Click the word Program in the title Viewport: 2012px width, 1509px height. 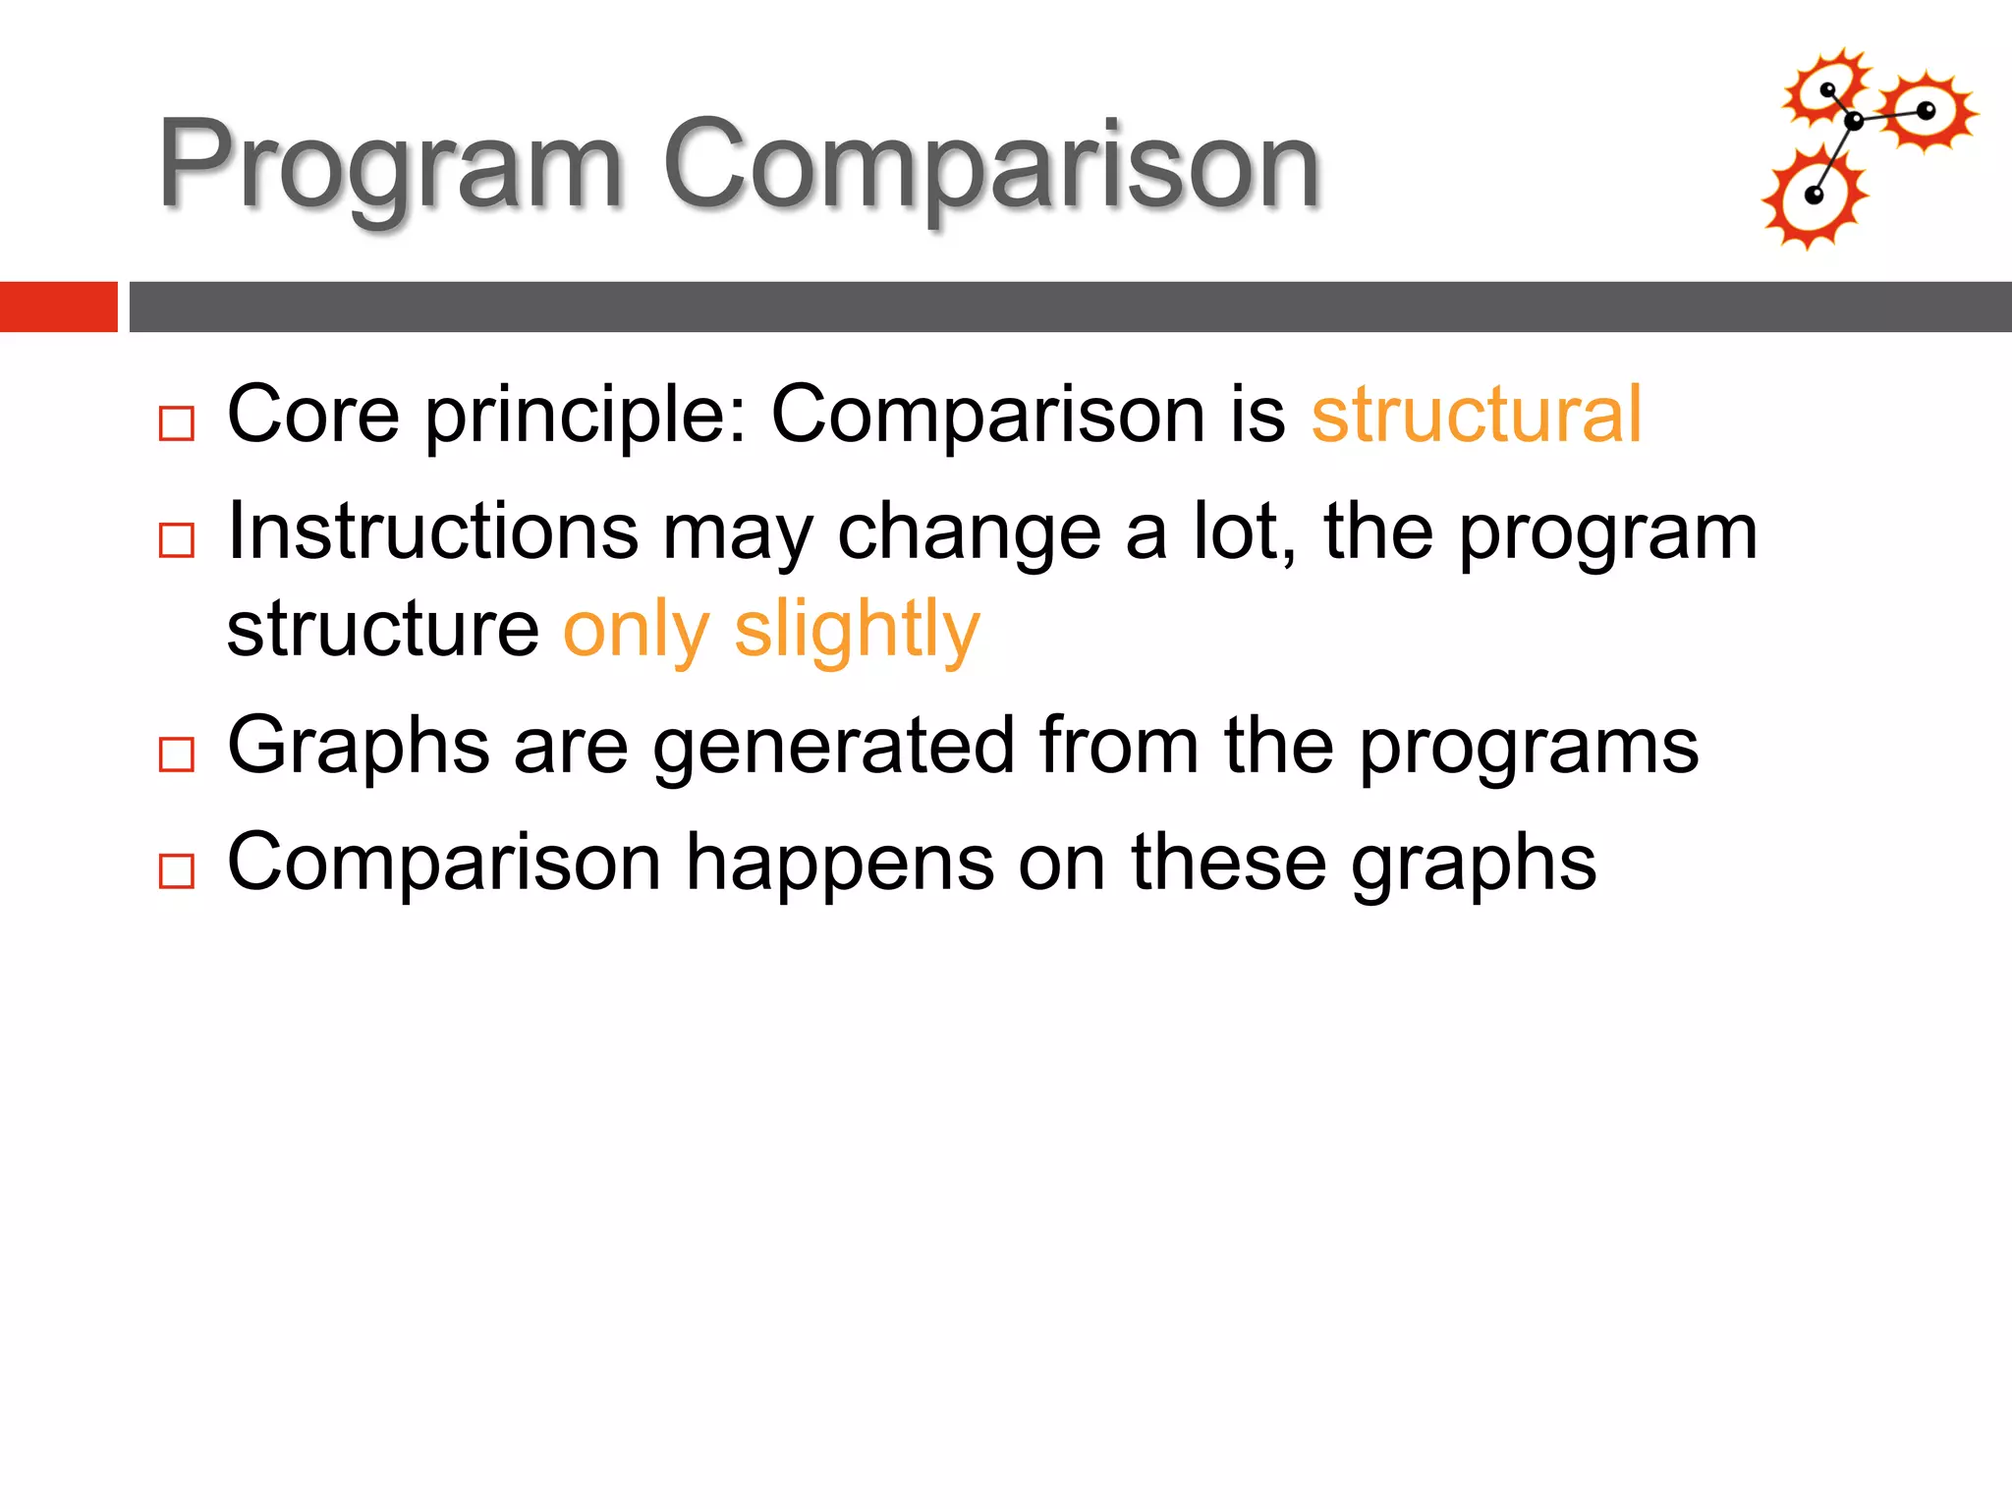click(390, 165)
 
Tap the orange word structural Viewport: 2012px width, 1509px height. click(1476, 415)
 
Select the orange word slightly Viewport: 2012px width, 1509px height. click(857, 631)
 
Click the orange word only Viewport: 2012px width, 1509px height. click(636, 631)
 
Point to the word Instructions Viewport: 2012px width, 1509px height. click(432, 531)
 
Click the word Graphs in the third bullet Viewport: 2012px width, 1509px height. click(358, 747)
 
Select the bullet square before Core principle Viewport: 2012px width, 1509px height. click(177, 423)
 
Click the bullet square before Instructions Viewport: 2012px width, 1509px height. click(177, 539)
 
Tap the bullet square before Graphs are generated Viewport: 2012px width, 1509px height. click(177, 754)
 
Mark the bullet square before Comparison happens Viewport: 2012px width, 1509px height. click(177, 870)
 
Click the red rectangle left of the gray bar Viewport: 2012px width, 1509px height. click(58, 307)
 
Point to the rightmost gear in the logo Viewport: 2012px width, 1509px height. click(1927, 111)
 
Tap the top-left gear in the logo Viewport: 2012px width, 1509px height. click(1827, 89)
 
